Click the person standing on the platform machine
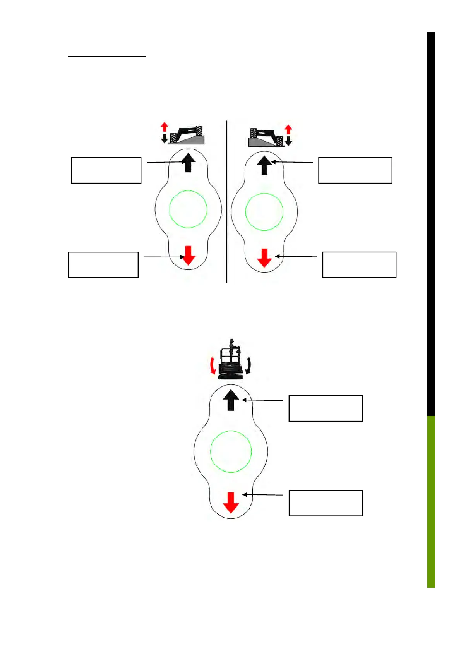[232, 350]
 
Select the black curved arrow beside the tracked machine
[248, 365]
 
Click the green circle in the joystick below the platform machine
[231, 451]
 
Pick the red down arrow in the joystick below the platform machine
[231, 503]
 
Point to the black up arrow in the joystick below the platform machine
[231, 400]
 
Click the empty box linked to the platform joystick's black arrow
[325, 408]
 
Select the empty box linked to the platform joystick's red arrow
[325, 503]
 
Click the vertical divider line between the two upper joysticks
[227, 201]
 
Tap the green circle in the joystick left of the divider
[188, 209]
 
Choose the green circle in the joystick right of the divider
[264, 212]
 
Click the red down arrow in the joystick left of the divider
[189, 255]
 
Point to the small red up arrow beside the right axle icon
[288, 129]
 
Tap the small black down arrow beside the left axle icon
[164, 138]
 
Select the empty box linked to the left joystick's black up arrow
[106, 170]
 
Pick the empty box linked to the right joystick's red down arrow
[359, 264]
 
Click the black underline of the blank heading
[107, 57]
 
